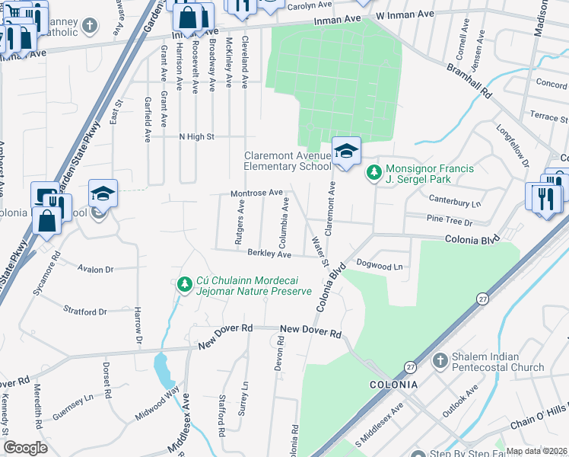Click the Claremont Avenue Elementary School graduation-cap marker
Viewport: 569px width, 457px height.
(x=345, y=151)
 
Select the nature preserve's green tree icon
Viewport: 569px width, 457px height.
(x=183, y=285)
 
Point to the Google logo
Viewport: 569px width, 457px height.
(x=25, y=447)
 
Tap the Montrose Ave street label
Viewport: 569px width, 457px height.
(x=256, y=193)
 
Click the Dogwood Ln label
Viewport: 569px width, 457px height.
(x=379, y=267)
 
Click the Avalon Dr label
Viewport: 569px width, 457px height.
(x=95, y=269)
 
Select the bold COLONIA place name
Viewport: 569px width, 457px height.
(x=393, y=385)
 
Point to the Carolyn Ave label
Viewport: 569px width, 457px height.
(x=310, y=5)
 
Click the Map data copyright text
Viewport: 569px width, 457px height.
(x=537, y=450)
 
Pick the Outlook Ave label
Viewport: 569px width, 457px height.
(x=462, y=398)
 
